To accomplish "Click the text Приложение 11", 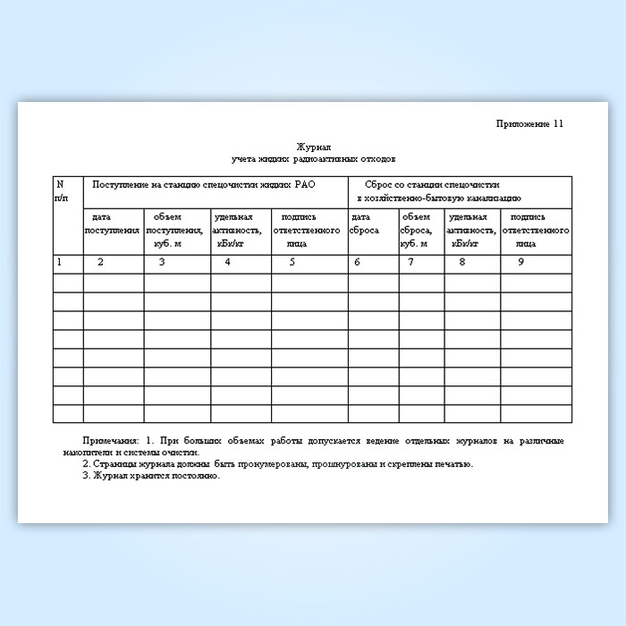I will pos(530,123).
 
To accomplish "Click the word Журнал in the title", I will pos(314,147).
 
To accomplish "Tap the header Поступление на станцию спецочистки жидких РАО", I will pos(205,183).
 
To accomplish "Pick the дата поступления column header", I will pos(113,224).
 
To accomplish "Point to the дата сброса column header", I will pos(365,224).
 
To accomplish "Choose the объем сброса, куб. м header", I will pos(419,229).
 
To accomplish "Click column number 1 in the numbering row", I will pos(59,262).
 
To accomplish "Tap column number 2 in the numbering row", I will pos(100,262).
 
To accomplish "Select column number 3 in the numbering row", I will pos(161,262).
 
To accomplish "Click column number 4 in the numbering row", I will pos(227,262).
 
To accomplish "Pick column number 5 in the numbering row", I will pos(292,262).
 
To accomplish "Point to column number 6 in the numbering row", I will pos(357,262).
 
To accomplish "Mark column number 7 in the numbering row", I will pos(410,262).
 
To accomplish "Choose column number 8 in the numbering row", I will pos(461,262).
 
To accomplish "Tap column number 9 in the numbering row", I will pos(520,262).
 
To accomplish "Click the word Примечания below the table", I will pos(110,442).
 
